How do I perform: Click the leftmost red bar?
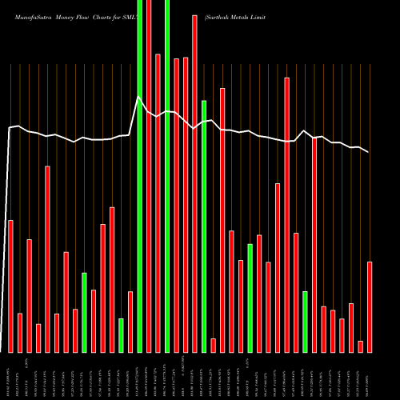pyautogui.click(x=10, y=286)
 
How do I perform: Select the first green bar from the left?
pyautogui.click(x=84, y=312)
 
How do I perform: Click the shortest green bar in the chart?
pyautogui.click(x=121, y=335)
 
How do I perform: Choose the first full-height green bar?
pyautogui.click(x=139, y=176)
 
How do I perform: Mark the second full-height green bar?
pyautogui.click(x=167, y=176)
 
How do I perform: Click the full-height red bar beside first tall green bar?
pyautogui.click(x=149, y=176)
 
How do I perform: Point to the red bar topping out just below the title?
pyautogui.click(x=194, y=183)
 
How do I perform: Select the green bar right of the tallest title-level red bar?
pyautogui.click(x=204, y=226)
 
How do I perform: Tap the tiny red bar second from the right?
pyautogui.click(x=360, y=346)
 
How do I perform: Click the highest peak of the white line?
pyautogui.click(x=139, y=98)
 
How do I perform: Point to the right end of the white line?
pyautogui.click(x=369, y=152)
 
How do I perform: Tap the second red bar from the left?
pyautogui.click(x=20, y=332)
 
